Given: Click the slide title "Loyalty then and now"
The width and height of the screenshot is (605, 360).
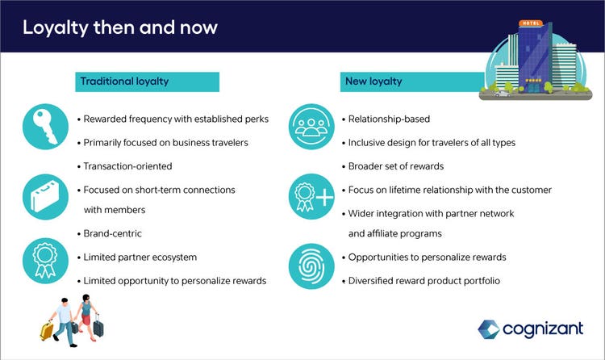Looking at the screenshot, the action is click(120, 27).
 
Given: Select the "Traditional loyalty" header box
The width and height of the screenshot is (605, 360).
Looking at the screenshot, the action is click(147, 82).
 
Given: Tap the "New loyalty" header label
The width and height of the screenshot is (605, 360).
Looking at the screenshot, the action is click(373, 81).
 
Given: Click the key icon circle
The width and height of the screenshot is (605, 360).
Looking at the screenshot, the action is click(45, 126).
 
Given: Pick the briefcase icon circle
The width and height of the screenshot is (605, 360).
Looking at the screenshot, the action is click(45, 197).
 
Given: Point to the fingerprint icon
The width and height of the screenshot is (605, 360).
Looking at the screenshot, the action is click(311, 266).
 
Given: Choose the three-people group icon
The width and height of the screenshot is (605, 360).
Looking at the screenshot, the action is click(311, 126).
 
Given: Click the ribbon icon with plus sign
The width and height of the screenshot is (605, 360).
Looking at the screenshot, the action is click(311, 197).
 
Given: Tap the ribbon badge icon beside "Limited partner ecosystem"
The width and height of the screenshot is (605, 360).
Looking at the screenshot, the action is click(45, 261).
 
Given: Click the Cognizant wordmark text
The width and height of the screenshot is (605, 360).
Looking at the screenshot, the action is click(543, 329).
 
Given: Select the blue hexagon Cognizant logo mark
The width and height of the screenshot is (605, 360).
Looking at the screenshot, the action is click(489, 329).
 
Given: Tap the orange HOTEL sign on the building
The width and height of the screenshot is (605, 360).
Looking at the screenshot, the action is click(531, 23).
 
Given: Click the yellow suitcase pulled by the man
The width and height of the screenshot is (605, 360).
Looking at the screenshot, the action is click(47, 331).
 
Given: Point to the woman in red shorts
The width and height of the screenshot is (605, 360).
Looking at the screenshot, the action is click(88, 317).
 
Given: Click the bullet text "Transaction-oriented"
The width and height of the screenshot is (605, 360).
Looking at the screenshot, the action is click(127, 166).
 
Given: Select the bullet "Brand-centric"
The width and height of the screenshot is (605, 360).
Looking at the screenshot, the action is click(113, 233).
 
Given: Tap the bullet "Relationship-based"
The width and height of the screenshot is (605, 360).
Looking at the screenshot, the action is click(389, 119).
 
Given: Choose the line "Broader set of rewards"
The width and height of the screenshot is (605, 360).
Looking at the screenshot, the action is click(396, 166).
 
